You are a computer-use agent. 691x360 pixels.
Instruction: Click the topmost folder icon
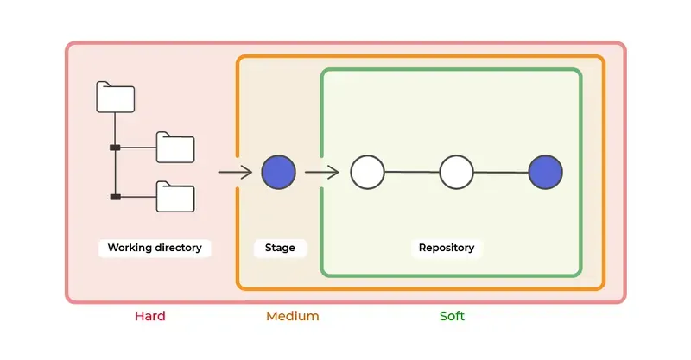coord(115,98)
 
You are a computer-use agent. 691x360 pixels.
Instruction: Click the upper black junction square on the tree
coord(115,148)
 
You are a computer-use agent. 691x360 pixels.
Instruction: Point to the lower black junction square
coord(115,197)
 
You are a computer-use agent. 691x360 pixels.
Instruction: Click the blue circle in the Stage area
coord(278,173)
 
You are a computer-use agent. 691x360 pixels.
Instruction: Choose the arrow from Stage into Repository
coord(322,173)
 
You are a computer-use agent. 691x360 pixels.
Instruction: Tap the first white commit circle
coord(367,173)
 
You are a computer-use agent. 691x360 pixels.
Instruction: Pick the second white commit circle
coord(456,173)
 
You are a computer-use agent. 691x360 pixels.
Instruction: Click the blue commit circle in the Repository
coord(545,173)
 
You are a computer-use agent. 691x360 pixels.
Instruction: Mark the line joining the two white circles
coord(412,173)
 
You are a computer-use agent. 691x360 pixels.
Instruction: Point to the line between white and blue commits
coord(501,173)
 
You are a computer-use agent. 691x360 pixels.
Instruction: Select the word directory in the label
coord(180,248)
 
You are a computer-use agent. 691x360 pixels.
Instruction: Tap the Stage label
coord(280,248)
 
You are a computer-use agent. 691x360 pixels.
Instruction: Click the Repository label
coord(447,248)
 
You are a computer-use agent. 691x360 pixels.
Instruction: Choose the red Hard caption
coord(149,316)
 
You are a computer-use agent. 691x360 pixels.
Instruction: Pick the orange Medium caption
coord(292,316)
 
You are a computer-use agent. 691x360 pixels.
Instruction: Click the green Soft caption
coord(452,316)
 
